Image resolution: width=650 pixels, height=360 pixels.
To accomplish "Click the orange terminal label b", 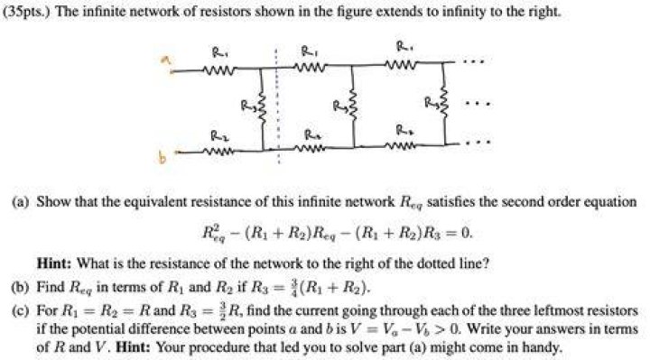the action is [162, 157].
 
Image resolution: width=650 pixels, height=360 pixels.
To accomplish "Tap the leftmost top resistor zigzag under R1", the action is [218, 69].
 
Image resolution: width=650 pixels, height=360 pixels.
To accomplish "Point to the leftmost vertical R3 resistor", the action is [262, 106].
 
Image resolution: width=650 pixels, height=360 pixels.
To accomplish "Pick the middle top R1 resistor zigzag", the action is [310, 66].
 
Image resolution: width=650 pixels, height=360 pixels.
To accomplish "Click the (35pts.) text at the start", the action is [27, 11].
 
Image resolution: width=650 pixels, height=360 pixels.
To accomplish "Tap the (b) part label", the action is [21, 287].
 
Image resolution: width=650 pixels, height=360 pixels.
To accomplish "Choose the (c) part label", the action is [21, 309].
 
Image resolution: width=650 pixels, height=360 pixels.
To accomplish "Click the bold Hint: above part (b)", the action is [55, 263].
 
